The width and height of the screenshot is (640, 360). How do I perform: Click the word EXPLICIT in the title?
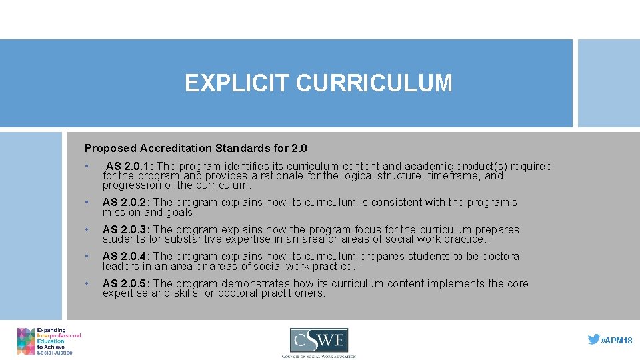(x=237, y=83)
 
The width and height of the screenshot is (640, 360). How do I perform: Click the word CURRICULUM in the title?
(x=374, y=83)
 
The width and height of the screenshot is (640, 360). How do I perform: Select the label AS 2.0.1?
(x=131, y=166)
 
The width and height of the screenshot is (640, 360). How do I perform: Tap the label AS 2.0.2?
(x=127, y=203)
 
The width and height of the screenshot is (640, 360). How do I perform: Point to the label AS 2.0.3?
(x=127, y=229)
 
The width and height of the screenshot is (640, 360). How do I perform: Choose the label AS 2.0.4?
(x=127, y=257)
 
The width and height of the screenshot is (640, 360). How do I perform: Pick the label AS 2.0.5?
(x=127, y=283)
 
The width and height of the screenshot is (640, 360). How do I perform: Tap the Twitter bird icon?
(x=593, y=339)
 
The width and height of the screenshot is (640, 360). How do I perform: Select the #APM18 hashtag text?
(x=617, y=340)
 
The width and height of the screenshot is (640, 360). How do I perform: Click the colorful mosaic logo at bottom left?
(x=26, y=341)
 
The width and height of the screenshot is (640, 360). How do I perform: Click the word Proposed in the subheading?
(x=107, y=148)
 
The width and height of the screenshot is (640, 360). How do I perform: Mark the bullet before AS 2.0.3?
(x=87, y=229)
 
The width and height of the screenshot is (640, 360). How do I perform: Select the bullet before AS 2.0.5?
(x=87, y=283)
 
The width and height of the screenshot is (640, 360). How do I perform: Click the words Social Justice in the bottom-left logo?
(x=55, y=352)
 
